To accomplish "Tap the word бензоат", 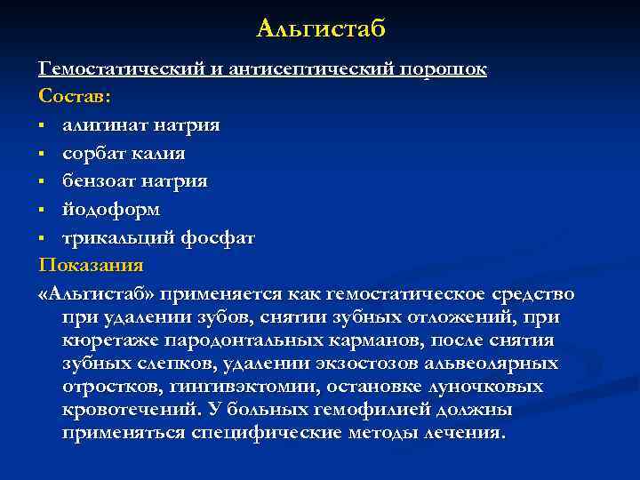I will (100, 181).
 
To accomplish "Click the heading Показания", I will (91, 266).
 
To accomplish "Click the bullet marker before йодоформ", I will (43, 211).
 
